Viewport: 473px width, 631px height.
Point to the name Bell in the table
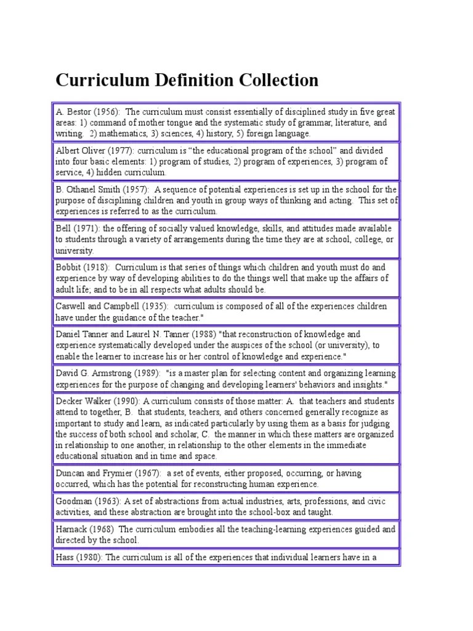point(63,229)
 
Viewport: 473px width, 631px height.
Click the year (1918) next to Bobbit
point(97,268)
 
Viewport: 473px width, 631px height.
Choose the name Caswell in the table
point(71,306)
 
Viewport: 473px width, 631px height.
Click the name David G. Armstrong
point(91,373)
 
